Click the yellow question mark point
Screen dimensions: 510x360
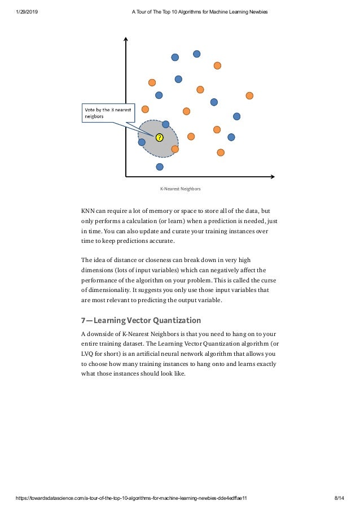point(159,137)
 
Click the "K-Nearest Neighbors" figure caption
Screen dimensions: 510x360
point(180,189)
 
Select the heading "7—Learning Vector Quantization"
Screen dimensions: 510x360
point(141,321)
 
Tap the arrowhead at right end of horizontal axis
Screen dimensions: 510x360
point(273,177)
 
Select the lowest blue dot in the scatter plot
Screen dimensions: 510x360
point(160,167)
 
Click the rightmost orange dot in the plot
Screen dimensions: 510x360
point(249,95)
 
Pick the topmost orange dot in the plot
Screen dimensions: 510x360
point(217,66)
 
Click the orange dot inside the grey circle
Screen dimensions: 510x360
point(175,149)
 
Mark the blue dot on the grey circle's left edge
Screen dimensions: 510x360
point(142,142)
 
